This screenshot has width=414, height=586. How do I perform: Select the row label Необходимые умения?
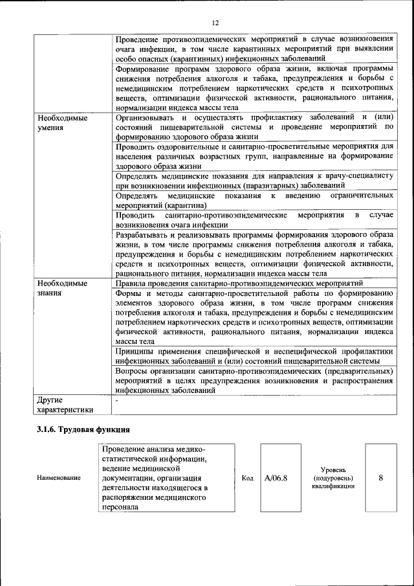[62, 123]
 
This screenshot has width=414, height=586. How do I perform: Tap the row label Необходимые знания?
[62, 288]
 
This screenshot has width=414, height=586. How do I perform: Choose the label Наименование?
[59, 478]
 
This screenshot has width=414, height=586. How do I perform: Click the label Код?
[247, 478]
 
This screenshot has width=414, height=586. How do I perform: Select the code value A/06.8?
[276, 478]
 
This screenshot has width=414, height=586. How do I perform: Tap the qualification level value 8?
[380, 478]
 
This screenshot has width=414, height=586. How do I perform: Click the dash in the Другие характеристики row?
[116, 400]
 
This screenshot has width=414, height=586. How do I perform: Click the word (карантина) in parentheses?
[188, 205]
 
